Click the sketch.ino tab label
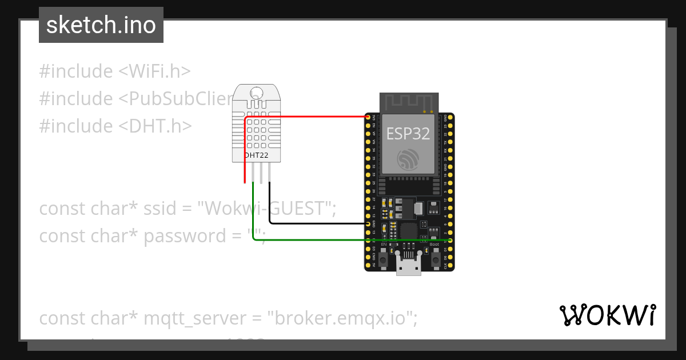pyautogui.click(x=101, y=25)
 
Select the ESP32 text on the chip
pyautogui.click(x=408, y=133)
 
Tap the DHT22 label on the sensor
pyautogui.click(x=256, y=155)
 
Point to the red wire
pyautogui.click(x=309, y=117)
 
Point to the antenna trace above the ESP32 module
pyautogui.click(x=408, y=103)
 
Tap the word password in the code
pyautogui.click(x=182, y=235)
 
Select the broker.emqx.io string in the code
pyautogui.click(x=342, y=318)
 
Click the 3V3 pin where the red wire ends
pyautogui.click(x=368, y=117)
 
